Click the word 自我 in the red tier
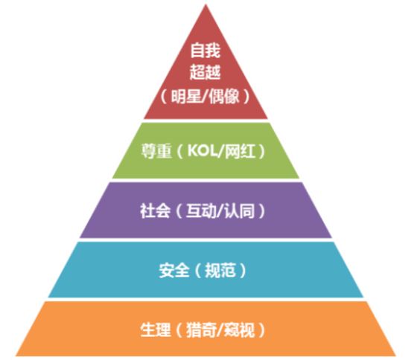206,51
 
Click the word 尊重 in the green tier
156,151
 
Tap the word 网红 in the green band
240,151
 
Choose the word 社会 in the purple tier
156,211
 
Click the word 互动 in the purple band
201,211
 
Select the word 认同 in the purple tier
239,211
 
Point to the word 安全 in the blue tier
174,271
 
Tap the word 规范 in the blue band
220,271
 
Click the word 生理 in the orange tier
156,330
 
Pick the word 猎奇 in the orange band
201,330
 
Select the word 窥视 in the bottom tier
239,330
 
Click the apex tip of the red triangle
206,4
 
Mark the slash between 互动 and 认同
220,211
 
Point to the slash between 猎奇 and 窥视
220,330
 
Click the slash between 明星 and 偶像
205,97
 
